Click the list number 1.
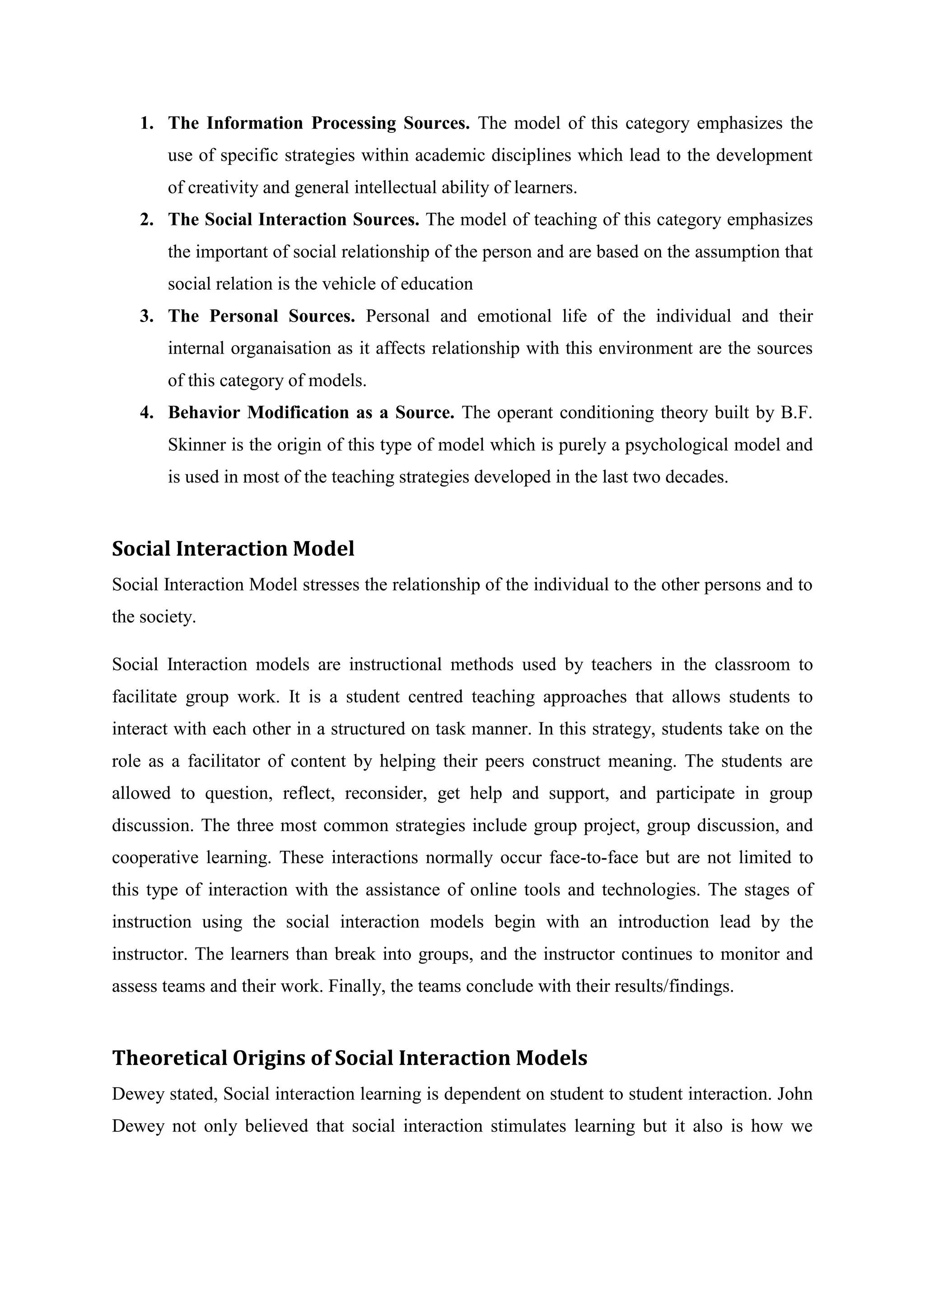pyautogui.click(x=146, y=123)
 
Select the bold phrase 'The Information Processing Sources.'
pyautogui.click(x=318, y=123)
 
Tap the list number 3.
pyautogui.click(x=146, y=316)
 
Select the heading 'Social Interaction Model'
pyautogui.click(x=233, y=549)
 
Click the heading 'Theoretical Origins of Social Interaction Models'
pyautogui.click(x=349, y=1058)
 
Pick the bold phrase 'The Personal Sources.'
pyautogui.click(x=262, y=316)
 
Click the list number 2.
pyautogui.click(x=146, y=220)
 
